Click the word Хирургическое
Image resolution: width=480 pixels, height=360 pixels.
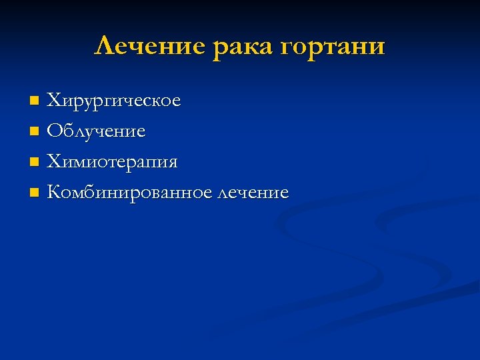[114, 101]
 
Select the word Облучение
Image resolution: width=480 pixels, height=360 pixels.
[96, 131]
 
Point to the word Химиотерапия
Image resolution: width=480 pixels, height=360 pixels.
[112, 163]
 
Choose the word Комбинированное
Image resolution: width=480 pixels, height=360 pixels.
[130, 193]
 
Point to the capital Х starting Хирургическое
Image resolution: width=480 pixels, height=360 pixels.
[53, 101]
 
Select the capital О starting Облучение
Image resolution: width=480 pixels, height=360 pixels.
[54, 131]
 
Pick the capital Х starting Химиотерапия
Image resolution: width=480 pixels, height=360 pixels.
[53, 162]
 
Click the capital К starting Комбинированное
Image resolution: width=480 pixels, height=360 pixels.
[54, 193]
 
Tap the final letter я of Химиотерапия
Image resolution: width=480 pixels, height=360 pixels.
[172, 164]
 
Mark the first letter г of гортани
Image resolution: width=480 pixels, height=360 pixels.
[287, 49]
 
